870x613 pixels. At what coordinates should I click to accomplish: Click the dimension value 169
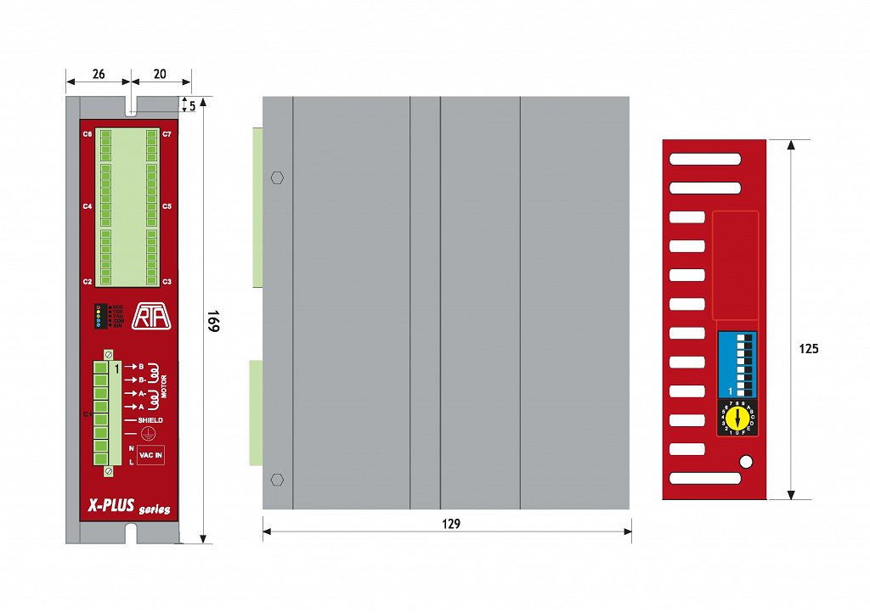pyautogui.click(x=213, y=322)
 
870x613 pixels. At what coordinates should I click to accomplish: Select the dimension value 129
pyautogui.click(x=451, y=524)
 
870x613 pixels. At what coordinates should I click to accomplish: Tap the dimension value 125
pyautogui.click(x=809, y=348)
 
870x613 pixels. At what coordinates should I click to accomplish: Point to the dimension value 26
pyautogui.click(x=99, y=74)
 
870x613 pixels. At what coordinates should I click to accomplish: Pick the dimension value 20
pyautogui.click(x=160, y=74)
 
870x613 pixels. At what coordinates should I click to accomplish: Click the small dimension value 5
pyautogui.click(x=193, y=105)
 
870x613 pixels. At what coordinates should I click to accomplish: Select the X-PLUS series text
pyautogui.click(x=128, y=507)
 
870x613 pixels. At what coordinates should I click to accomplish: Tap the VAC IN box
pyautogui.click(x=151, y=455)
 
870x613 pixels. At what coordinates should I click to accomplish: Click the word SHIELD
pyautogui.click(x=150, y=420)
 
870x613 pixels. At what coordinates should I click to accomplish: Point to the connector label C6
pyautogui.click(x=88, y=134)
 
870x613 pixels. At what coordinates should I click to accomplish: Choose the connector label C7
pyautogui.click(x=167, y=134)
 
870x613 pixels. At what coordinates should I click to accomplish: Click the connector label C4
pyautogui.click(x=88, y=206)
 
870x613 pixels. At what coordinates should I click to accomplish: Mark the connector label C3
pyautogui.click(x=167, y=281)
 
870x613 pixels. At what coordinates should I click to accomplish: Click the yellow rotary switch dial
pyautogui.click(x=737, y=419)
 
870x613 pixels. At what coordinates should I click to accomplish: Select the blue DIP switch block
pyautogui.click(x=737, y=364)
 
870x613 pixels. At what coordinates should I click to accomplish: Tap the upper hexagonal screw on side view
pyautogui.click(x=276, y=178)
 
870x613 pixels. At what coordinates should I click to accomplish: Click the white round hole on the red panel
pyautogui.click(x=746, y=462)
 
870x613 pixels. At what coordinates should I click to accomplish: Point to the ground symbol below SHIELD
pyautogui.click(x=149, y=433)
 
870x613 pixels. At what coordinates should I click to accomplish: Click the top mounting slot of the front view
pyautogui.click(x=132, y=106)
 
